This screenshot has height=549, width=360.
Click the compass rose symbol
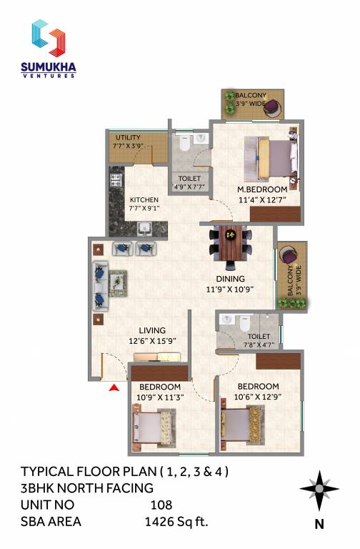(319, 490)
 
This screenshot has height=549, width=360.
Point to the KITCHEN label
(144, 199)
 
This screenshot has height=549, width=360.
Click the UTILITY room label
(128, 137)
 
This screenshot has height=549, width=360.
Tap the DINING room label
(231, 279)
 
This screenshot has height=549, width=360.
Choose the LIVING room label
(152, 330)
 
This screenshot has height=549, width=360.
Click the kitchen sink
(144, 229)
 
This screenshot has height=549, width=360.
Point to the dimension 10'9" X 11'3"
(160, 398)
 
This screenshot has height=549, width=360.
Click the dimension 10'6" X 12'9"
(258, 398)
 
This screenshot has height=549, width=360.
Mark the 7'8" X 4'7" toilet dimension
(257, 345)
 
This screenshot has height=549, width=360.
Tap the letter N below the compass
(319, 524)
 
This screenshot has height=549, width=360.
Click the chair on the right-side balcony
(291, 255)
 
